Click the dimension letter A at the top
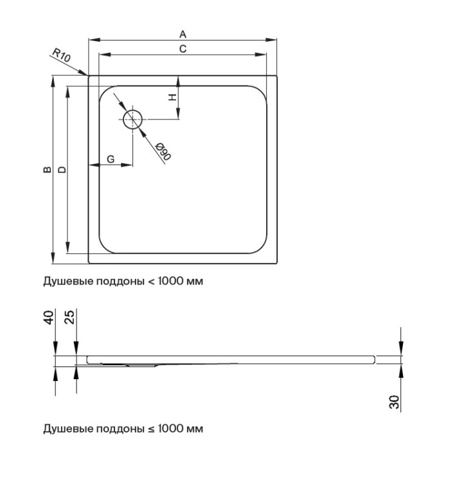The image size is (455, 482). [x=183, y=33]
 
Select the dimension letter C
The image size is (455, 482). [x=183, y=49]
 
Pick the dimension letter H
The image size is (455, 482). [x=172, y=98]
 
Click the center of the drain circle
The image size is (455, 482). [x=133, y=119]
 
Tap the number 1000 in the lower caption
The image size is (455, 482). [x=172, y=429]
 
